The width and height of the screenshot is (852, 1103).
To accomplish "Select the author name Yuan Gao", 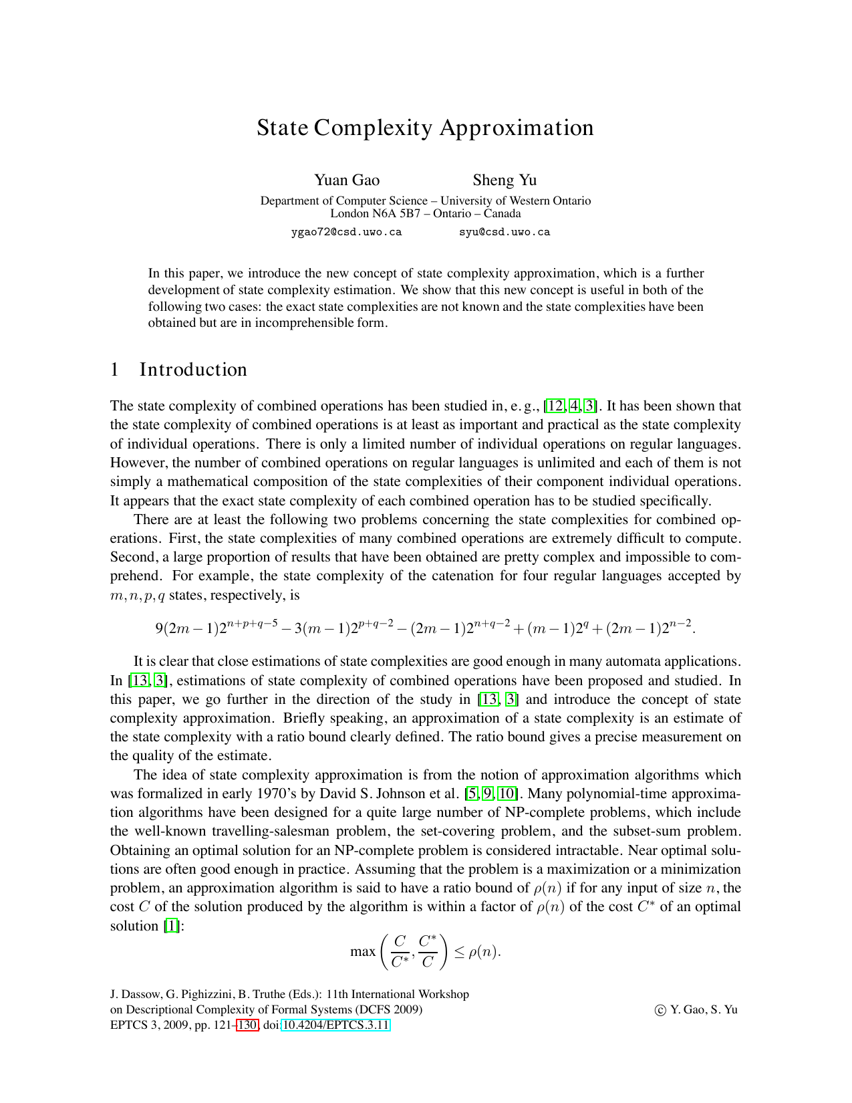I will pos(347,180).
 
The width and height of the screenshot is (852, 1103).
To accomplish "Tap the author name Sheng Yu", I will pos(505,180).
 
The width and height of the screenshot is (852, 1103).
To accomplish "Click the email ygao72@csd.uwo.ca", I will pos(346,233).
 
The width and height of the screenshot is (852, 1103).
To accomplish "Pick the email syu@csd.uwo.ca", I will pos(505,233).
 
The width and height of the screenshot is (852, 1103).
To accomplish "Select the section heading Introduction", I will pos(193,370).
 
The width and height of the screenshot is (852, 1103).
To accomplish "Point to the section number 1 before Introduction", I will pos(115,370).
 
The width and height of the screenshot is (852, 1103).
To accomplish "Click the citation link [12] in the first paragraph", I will pos(555,406).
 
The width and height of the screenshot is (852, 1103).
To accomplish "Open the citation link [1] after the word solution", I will pos(172,927).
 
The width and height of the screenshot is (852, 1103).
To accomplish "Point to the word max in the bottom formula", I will pos(363,951).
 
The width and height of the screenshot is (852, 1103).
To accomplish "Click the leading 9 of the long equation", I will pos(159,628).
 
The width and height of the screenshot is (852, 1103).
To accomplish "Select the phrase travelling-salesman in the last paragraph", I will pos(271,832).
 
